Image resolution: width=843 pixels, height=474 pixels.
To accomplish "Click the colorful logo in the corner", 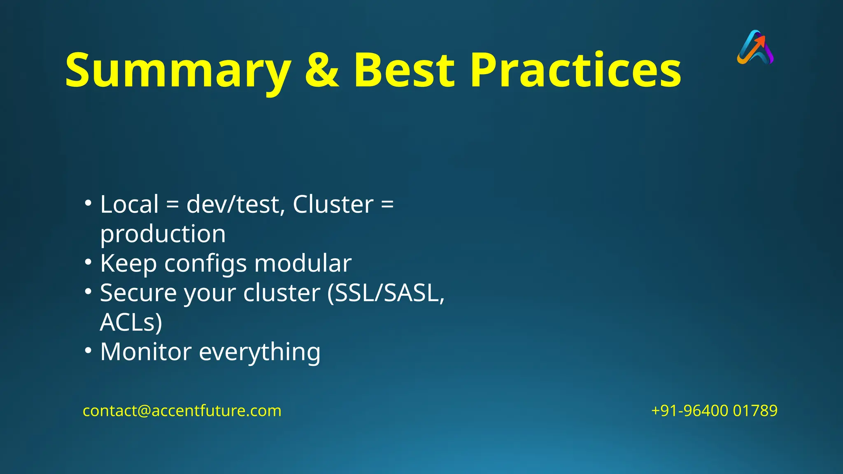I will (x=755, y=47).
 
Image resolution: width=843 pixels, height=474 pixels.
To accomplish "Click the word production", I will (x=163, y=234).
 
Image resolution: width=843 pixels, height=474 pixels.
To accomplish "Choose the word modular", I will (x=303, y=263).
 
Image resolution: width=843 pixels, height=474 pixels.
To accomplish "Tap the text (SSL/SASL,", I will (x=386, y=293).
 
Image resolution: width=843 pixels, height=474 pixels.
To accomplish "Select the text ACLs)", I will (x=131, y=322).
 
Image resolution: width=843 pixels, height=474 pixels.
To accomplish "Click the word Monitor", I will (x=146, y=352).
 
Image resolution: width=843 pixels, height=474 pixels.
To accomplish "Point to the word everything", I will (x=259, y=353).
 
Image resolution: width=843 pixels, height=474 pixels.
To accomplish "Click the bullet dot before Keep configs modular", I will (x=88, y=262).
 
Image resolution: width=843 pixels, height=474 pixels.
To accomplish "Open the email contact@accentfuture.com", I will (x=182, y=411).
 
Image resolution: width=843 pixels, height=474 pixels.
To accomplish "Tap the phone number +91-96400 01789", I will (x=714, y=411).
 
